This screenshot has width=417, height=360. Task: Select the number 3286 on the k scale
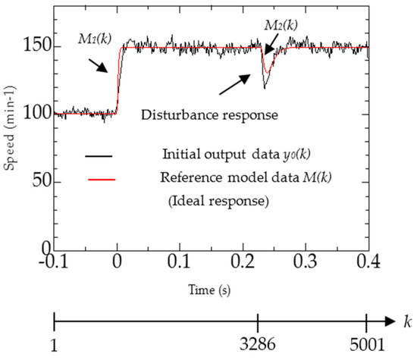259,346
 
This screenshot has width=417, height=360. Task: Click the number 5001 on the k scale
367,346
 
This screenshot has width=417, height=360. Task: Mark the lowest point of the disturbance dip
265,89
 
